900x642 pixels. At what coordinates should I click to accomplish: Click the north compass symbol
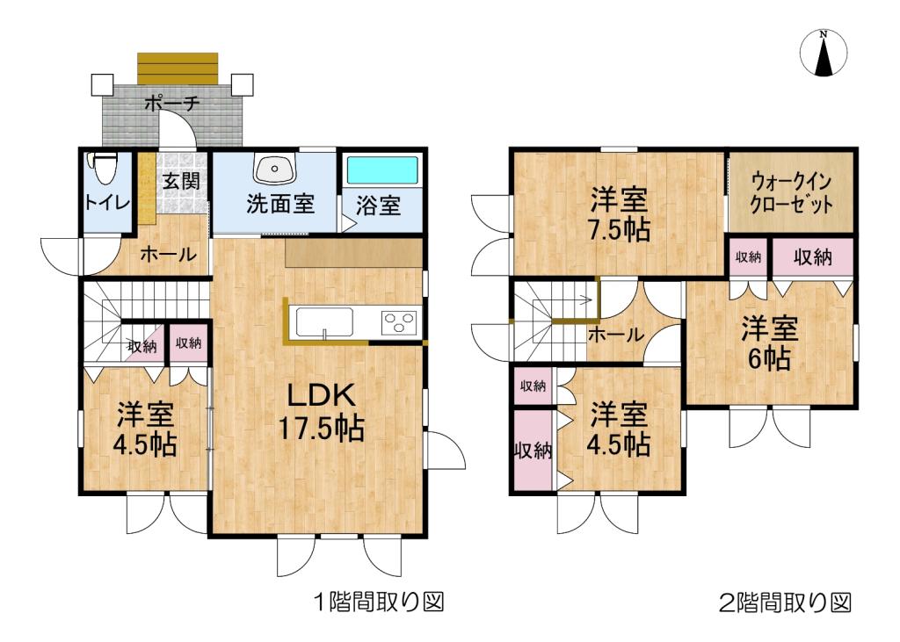824,54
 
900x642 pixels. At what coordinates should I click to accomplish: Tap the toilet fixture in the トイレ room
105,165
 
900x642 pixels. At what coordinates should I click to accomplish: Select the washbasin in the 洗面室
275,167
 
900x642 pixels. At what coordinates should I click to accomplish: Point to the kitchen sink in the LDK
324,322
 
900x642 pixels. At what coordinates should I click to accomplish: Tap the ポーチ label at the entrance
172,104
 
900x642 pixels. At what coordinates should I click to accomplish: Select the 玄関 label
181,182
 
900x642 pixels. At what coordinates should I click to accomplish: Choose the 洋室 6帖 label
768,343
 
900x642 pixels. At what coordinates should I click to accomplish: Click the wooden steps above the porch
178,67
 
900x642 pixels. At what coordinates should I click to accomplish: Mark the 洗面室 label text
279,205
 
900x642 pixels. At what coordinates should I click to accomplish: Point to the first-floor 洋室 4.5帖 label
144,429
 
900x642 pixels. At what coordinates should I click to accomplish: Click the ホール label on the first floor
168,255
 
